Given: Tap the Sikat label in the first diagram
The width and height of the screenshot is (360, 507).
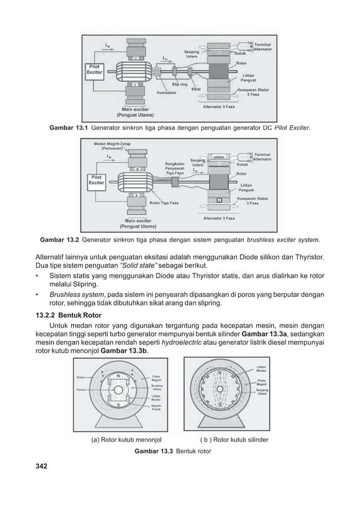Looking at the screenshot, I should (197, 89).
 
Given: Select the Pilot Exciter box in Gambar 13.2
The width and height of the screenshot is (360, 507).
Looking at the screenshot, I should (96, 180).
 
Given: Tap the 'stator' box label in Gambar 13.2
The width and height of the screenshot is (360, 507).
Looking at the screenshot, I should (219, 156).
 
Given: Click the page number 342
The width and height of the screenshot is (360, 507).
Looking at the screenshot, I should (42, 466).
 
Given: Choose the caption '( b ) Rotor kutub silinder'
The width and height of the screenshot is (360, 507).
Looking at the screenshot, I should (234, 440).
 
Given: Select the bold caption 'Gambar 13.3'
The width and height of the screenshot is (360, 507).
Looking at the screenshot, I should (153, 452).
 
